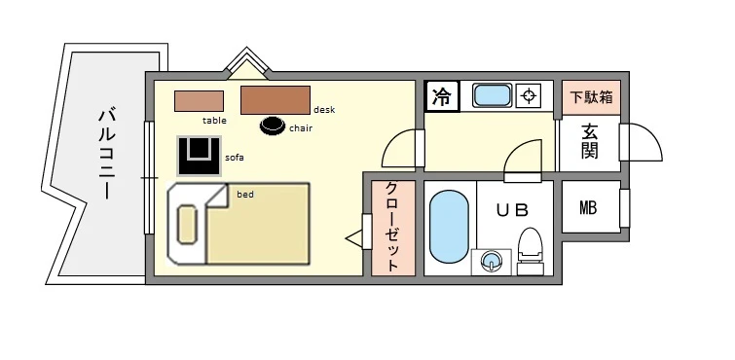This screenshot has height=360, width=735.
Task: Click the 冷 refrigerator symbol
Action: [441, 96]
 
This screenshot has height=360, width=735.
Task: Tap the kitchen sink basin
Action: [492, 95]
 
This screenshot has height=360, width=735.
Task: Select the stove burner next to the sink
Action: [529, 95]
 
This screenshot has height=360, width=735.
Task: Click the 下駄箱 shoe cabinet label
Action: [591, 97]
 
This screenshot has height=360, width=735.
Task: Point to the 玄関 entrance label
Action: [590, 142]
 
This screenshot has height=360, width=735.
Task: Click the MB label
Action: [589, 206]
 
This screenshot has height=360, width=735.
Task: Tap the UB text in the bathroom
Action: [514, 209]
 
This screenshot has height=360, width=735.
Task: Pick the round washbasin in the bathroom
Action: [493, 260]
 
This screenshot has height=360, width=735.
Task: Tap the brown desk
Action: [275, 100]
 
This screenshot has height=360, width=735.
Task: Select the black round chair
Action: [273, 126]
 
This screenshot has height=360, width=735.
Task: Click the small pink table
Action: [199, 100]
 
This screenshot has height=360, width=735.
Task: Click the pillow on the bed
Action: [188, 225]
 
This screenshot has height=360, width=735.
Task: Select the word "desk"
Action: [324, 110]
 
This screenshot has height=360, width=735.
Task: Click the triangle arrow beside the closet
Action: [355, 237]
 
